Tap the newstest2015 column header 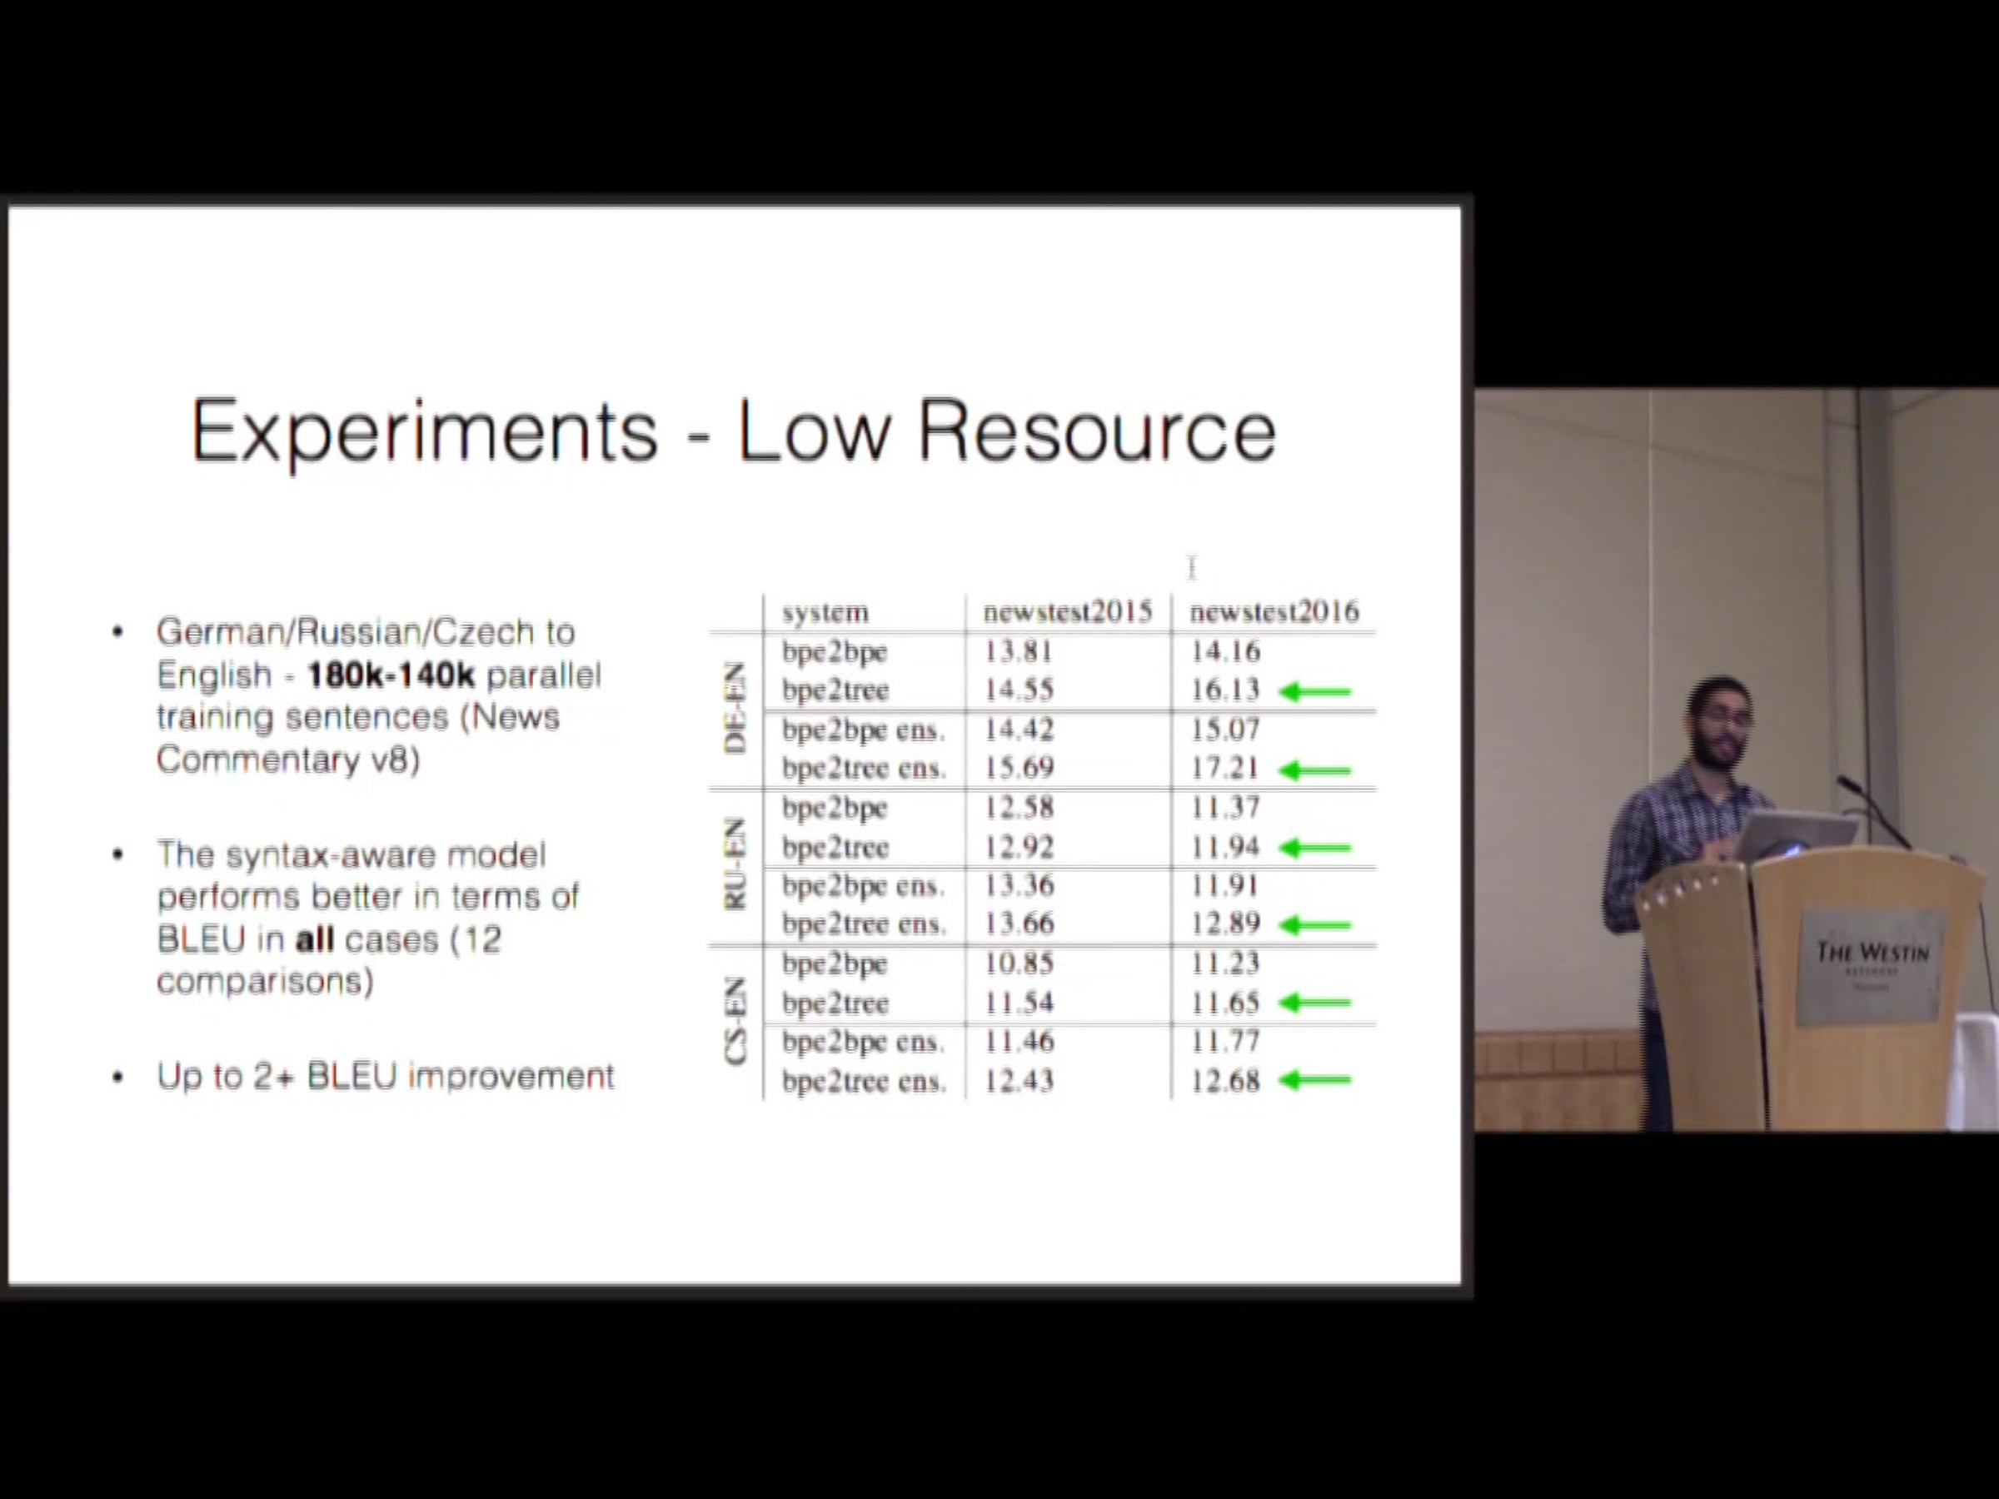[x=1067, y=613]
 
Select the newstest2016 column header [x=1274, y=613]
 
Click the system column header [x=825, y=614]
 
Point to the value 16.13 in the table [x=1224, y=690]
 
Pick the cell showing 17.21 [x=1224, y=768]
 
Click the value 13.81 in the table [x=1019, y=651]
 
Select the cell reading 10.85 [x=1019, y=964]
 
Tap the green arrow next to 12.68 [x=1315, y=1080]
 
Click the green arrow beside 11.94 [x=1315, y=848]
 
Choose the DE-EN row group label [x=735, y=709]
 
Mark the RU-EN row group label [x=735, y=864]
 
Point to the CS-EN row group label [x=735, y=1020]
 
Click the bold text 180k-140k [x=391, y=675]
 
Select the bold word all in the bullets [x=315, y=939]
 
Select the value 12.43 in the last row [x=1019, y=1081]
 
